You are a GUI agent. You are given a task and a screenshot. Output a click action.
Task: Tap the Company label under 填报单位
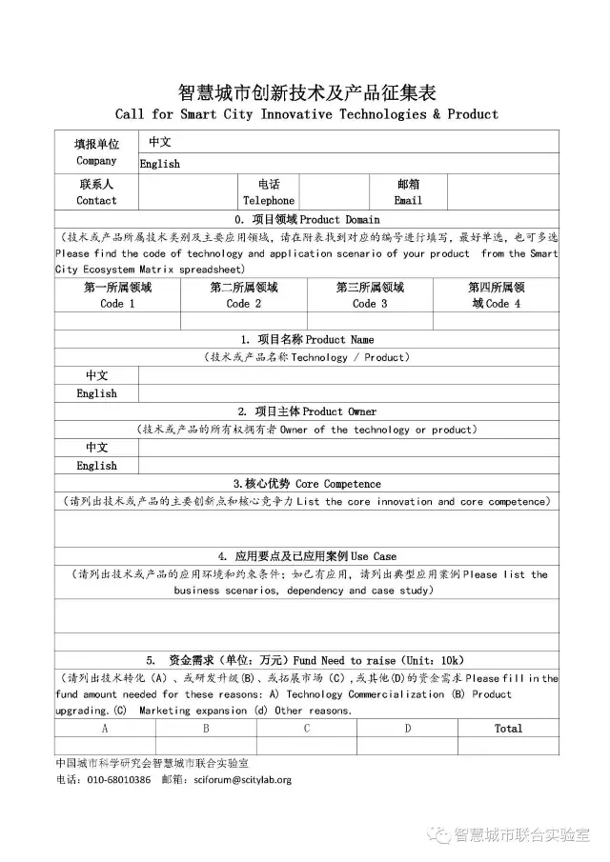96,161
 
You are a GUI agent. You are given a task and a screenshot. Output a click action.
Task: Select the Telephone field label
269,201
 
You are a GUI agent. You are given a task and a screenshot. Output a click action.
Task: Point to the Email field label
408,201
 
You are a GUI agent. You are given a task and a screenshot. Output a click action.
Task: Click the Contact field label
96,201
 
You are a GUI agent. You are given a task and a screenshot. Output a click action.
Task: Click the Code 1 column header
117,304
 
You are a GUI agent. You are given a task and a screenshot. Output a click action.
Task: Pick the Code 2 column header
244,304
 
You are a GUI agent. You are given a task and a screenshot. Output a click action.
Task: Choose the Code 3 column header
370,304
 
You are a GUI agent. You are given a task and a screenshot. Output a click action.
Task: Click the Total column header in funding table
508,729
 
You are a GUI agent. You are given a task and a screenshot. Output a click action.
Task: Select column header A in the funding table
105,729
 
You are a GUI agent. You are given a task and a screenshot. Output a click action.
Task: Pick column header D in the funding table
408,729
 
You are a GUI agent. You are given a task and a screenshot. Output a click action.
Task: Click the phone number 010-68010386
118,779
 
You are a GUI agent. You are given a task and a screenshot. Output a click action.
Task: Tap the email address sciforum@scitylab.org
241,779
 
